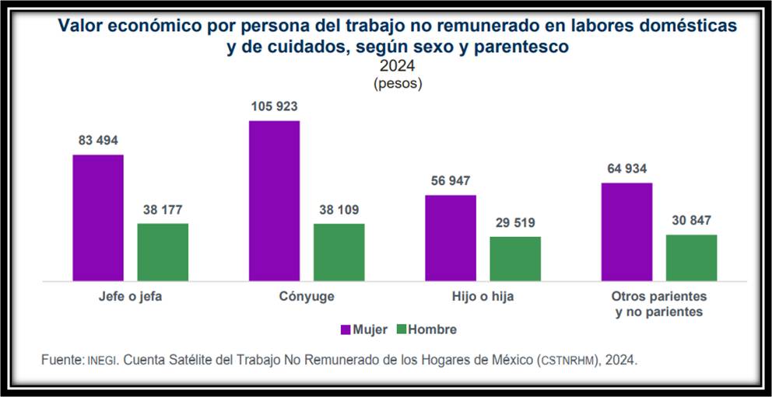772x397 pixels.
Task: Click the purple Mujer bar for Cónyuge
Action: [274, 200]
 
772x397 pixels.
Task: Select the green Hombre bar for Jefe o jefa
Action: [163, 252]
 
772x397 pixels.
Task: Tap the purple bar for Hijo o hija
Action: [450, 238]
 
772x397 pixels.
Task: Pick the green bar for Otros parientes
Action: [691, 257]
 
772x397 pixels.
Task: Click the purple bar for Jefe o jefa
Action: [98, 218]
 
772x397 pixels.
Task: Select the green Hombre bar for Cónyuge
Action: [339, 252]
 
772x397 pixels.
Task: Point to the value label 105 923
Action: [274, 106]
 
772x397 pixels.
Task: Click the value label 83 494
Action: [98, 141]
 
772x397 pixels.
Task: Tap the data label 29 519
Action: [514, 222]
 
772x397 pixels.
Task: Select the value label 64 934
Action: [626, 169]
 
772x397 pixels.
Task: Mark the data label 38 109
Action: [339, 210]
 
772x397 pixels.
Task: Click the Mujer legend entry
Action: [363, 329]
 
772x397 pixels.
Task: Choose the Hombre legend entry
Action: [426, 329]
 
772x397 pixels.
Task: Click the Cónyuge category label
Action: [306, 297]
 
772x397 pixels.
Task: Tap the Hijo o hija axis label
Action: [482, 297]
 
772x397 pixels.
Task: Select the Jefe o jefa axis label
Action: [130, 297]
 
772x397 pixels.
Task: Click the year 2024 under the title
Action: [397, 66]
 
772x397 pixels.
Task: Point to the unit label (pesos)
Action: [397, 82]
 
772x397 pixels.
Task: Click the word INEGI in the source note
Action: [101, 361]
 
